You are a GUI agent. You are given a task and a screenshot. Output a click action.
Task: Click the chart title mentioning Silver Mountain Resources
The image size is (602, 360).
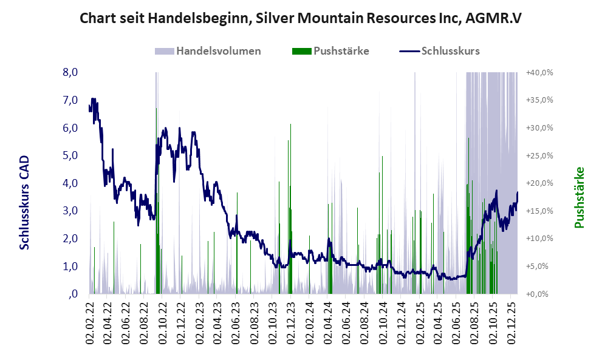tap(301, 18)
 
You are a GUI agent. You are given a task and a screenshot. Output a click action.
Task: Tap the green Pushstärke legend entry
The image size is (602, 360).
tap(330, 51)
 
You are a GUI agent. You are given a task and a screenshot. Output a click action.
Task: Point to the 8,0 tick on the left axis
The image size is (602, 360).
tap(70, 72)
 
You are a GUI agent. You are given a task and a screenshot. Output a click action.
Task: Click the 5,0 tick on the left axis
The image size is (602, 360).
tap(70, 155)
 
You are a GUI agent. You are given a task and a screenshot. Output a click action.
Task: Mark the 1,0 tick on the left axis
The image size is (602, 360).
tap(70, 266)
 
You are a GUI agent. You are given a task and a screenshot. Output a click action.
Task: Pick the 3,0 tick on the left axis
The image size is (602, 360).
tap(70, 211)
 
